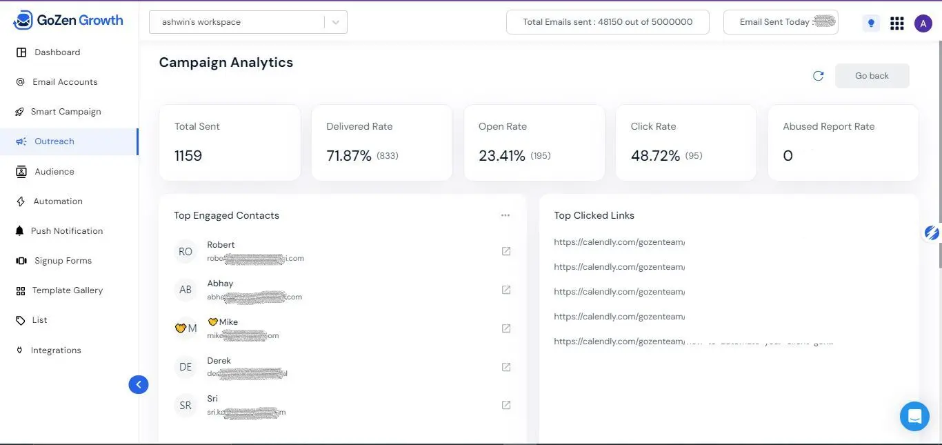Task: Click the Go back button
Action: pyautogui.click(x=872, y=76)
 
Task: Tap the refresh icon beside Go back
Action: pyautogui.click(x=819, y=76)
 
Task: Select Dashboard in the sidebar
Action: pyautogui.click(x=57, y=52)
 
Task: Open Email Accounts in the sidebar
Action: pyautogui.click(x=65, y=82)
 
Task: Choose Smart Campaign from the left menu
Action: pyautogui.click(x=66, y=112)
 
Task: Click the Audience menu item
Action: pyautogui.click(x=54, y=172)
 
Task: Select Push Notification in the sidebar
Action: pyautogui.click(x=66, y=231)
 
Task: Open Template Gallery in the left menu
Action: pyautogui.click(x=67, y=290)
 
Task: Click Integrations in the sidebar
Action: pyautogui.click(x=56, y=350)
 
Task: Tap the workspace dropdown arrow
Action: pyautogui.click(x=336, y=22)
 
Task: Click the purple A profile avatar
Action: pyautogui.click(x=923, y=23)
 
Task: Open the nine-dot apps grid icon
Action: pyautogui.click(x=896, y=23)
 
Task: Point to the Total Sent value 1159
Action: pyautogui.click(x=188, y=156)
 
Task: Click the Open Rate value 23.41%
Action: pyautogui.click(x=502, y=156)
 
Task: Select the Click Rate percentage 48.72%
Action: pyautogui.click(x=655, y=156)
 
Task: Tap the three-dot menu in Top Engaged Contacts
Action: pyautogui.click(x=505, y=215)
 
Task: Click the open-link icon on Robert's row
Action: pyautogui.click(x=506, y=251)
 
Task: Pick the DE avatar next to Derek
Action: pyautogui.click(x=186, y=367)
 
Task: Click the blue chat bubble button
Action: pyautogui.click(x=914, y=416)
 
